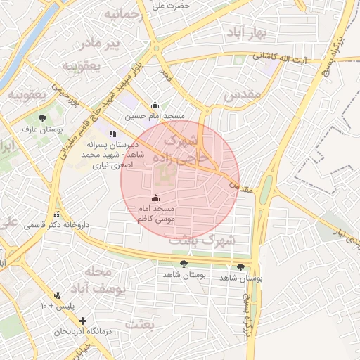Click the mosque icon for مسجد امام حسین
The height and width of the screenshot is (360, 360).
click(155, 105)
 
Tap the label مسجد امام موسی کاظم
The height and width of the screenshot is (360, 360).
click(156, 214)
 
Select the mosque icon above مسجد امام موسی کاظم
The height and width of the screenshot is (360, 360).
click(155, 199)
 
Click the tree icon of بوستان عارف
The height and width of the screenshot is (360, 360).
click(42, 118)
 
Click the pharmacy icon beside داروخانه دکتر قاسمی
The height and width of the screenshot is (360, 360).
click(56, 215)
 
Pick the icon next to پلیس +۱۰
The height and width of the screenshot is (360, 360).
click(57, 295)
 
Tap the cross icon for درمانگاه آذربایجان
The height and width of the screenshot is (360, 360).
click(83, 321)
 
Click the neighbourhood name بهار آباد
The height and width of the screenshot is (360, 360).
click(245, 33)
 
